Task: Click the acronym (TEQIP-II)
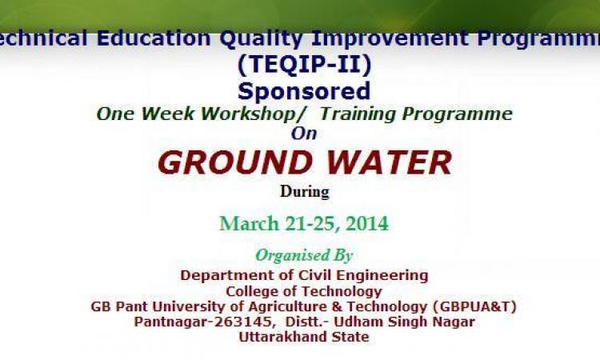304,64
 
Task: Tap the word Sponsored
304,92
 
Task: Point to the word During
305,191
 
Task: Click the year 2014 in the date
367,223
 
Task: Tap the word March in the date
249,223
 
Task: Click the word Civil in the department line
310,275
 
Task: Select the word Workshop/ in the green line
250,114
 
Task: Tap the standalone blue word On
304,134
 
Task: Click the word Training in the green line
358,114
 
